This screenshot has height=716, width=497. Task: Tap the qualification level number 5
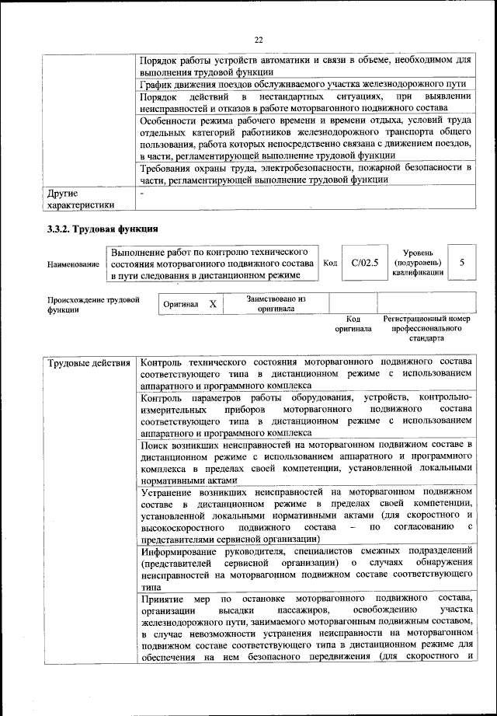[x=462, y=263]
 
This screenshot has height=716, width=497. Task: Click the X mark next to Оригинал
[x=213, y=304]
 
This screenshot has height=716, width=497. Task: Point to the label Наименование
[x=73, y=264]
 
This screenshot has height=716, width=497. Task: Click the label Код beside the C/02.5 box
[x=329, y=264]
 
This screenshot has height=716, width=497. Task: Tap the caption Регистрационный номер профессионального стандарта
[x=427, y=329]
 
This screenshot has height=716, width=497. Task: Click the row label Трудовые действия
[x=89, y=363]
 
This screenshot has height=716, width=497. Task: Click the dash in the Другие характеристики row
[x=142, y=192]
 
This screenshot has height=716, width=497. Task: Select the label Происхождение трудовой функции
[x=93, y=304]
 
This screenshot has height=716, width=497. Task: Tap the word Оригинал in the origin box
[x=181, y=304]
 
